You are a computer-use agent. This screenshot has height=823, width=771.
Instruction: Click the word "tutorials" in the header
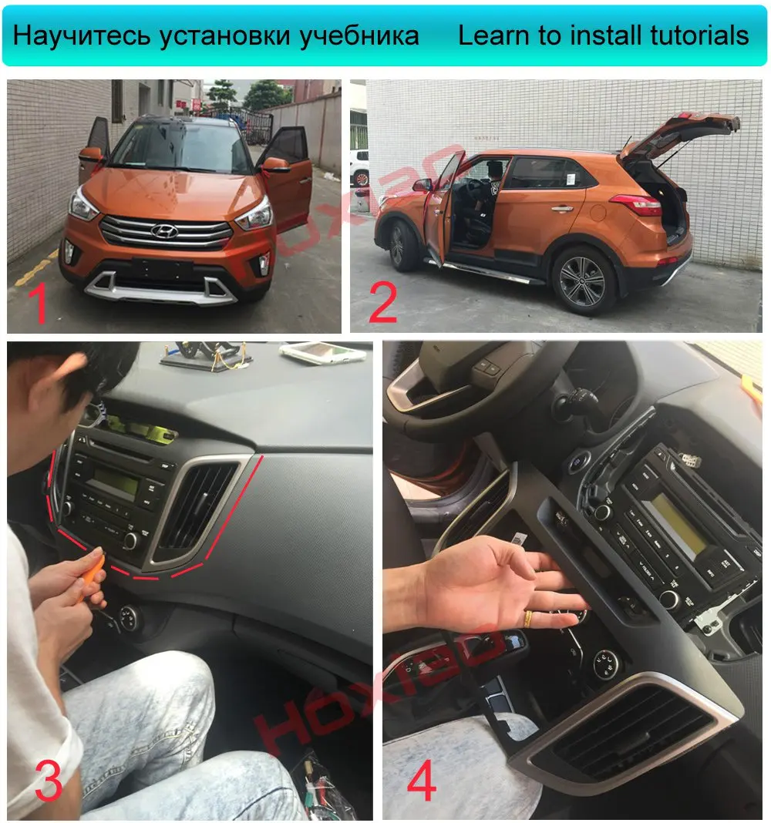699,35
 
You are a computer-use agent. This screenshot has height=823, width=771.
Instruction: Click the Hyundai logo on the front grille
164,230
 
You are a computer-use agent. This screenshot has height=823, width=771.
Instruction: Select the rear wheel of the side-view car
584,280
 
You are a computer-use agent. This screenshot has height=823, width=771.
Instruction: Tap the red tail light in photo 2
637,203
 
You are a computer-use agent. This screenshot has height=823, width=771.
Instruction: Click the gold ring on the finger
528,618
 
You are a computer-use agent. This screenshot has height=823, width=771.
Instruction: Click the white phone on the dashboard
322,351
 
